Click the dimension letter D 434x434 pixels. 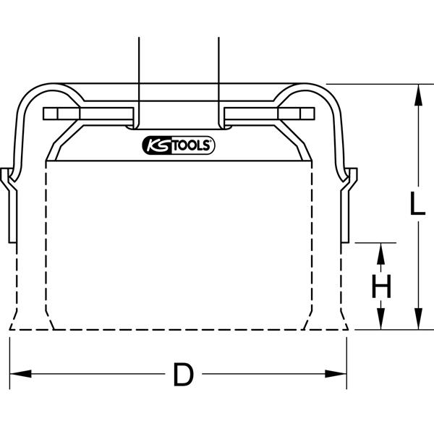184,374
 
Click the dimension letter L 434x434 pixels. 417,204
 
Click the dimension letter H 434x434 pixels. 381,286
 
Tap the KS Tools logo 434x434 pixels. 178,145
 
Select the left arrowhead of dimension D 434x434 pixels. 20,374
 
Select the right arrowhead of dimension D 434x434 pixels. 336,374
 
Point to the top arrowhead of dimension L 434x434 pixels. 418,94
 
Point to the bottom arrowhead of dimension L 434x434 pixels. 418,319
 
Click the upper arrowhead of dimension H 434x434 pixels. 381,254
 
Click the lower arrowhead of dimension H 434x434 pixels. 381,319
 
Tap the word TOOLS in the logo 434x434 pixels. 192,145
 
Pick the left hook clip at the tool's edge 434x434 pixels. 9,205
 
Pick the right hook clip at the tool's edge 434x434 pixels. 349,205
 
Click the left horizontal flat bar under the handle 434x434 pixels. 88,114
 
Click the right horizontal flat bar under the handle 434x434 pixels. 269,114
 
